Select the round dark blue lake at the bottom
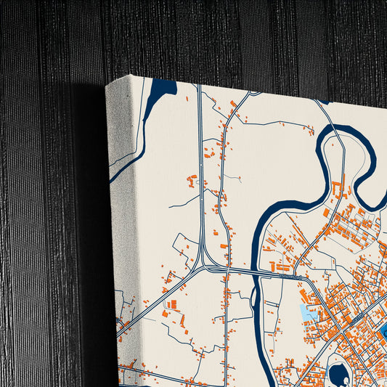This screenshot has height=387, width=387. pos(338,374)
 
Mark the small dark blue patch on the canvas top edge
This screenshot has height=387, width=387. pos(322,102)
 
